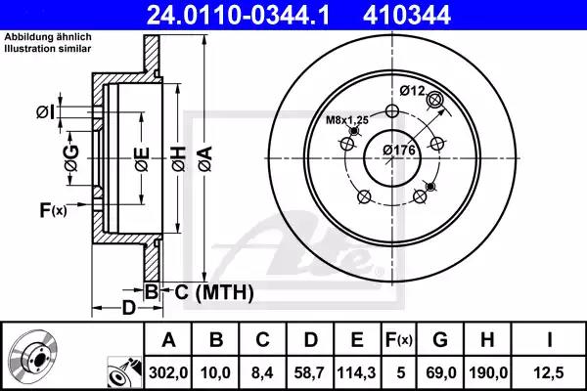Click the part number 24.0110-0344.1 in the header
tap(238, 16)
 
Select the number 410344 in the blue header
tap(407, 16)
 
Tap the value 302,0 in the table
tap(168, 372)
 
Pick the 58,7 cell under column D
tap(309, 372)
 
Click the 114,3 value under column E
tap(356, 372)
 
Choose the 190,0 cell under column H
tap(488, 372)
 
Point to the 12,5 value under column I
tap(549, 372)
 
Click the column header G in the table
tap(440, 340)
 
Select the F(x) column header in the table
tap(399, 340)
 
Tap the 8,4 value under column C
tap(262, 372)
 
